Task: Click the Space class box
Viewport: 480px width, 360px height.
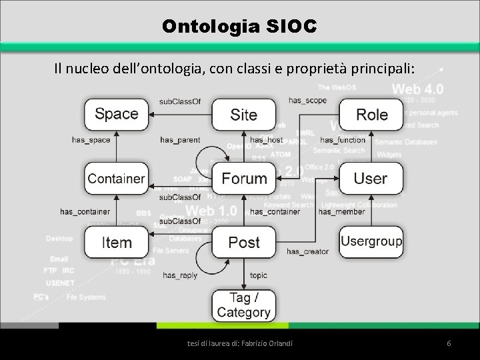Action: coord(117,114)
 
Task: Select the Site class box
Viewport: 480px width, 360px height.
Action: coord(243,115)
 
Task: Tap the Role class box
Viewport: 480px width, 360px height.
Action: coord(371,115)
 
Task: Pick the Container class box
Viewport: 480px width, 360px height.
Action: coord(116,179)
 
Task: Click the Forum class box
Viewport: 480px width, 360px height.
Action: coord(243,179)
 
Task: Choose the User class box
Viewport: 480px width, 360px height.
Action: coord(371,179)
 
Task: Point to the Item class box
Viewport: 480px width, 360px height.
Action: coord(117,242)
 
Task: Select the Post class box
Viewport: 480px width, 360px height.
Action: coord(243,242)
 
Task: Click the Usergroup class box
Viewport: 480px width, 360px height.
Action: coord(371,241)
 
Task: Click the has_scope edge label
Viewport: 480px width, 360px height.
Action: coord(307,100)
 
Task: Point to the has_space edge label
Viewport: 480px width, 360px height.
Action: coord(91,140)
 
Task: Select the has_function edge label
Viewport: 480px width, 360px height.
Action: coord(343,140)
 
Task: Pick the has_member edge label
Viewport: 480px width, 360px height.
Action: coord(341,212)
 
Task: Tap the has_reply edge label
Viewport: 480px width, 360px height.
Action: coord(179,275)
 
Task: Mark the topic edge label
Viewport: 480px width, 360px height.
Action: coord(259,275)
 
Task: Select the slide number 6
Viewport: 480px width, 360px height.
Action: coord(449,343)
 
